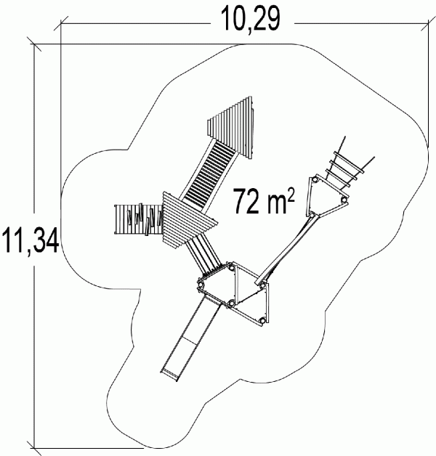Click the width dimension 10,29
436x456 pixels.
pyautogui.click(x=250, y=19)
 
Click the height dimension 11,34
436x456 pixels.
pyautogui.click(x=31, y=240)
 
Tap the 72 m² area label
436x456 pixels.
pyautogui.click(x=264, y=201)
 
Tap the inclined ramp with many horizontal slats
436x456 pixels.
pyautogui.click(x=208, y=176)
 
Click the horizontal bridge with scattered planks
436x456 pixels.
pyautogui.click(x=139, y=219)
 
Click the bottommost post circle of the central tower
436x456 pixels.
pyautogui.click(x=262, y=321)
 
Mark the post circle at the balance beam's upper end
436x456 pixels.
pyautogui.click(x=312, y=215)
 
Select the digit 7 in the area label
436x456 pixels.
pyautogui.click(x=239, y=201)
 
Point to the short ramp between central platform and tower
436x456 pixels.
pyautogui.click(x=203, y=254)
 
